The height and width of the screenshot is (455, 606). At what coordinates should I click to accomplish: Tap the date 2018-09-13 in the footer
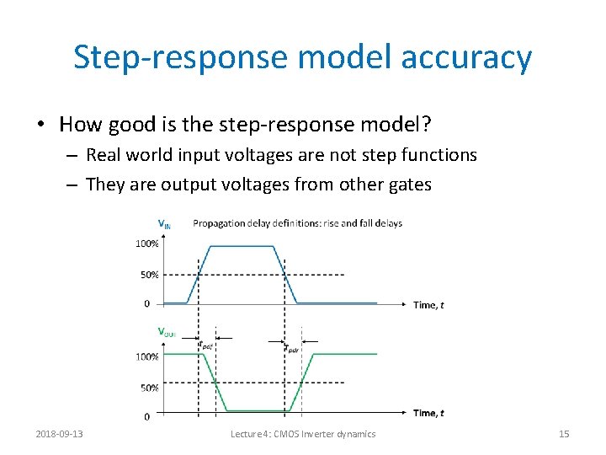pyautogui.click(x=59, y=434)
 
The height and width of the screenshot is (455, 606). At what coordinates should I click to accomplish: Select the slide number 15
pyautogui.click(x=564, y=434)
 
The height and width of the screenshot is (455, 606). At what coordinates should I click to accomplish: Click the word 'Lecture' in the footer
pyautogui.click(x=250, y=434)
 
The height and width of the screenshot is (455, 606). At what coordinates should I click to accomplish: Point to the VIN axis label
pyautogui.click(x=165, y=224)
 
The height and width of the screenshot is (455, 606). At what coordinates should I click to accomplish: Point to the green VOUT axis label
pyautogui.click(x=166, y=332)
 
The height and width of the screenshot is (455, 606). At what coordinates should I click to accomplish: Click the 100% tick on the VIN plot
pyautogui.click(x=147, y=244)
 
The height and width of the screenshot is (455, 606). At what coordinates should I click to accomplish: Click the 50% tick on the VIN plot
pyautogui.click(x=149, y=275)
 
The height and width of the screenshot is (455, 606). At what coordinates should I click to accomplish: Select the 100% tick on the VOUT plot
pyautogui.click(x=147, y=356)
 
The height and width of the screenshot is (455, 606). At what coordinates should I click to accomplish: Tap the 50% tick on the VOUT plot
pyautogui.click(x=149, y=388)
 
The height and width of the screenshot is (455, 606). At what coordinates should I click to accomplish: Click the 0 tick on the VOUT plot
pyautogui.click(x=147, y=416)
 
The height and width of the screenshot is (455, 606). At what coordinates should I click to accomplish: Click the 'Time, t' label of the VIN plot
pyautogui.click(x=428, y=305)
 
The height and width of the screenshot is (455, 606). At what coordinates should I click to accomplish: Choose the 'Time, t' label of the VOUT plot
pyautogui.click(x=428, y=413)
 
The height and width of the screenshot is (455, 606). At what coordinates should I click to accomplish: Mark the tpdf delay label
pyautogui.click(x=206, y=345)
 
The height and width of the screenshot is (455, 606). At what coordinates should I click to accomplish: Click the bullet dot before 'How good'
pyautogui.click(x=40, y=126)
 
